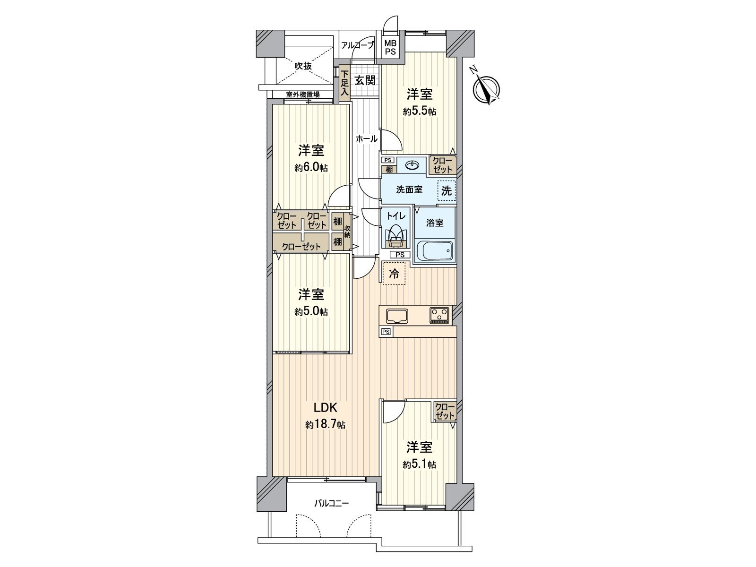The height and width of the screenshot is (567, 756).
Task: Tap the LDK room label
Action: pyautogui.click(x=325, y=408)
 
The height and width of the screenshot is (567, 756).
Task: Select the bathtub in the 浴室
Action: pyautogui.click(x=435, y=250)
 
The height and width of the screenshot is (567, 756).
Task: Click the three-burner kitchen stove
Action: pyautogui.click(x=440, y=315)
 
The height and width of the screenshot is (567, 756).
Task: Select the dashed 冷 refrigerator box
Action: pyautogui.click(x=394, y=273)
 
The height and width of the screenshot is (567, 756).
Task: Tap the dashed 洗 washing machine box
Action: pyautogui.click(x=447, y=190)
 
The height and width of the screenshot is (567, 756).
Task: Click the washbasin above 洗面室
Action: pyautogui.click(x=412, y=165)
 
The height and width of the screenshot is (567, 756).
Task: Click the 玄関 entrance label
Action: pyautogui.click(x=365, y=80)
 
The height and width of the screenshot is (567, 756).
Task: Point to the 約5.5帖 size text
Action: pyautogui.click(x=419, y=112)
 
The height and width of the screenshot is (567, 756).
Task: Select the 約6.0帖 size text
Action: pyautogui.click(x=311, y=168)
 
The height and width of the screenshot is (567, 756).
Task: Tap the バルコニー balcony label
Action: pyautogui.click(x=331, y=504)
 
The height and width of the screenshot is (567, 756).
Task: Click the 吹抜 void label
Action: pyautogui.click(x=303, y=66)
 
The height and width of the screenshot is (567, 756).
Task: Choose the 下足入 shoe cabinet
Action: pyautogui.click(x=344, y=84)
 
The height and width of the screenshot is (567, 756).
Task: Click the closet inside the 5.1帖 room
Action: pyautogui.click(x=445, y=411)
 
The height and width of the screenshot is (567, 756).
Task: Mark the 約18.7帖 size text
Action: pyautogui.click(x=325, y=425)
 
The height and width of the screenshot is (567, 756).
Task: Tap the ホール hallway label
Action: pyautogui.click(x=366, y=139)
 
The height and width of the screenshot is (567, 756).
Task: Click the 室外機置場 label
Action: pyautogui.click(x=302, y=94)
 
